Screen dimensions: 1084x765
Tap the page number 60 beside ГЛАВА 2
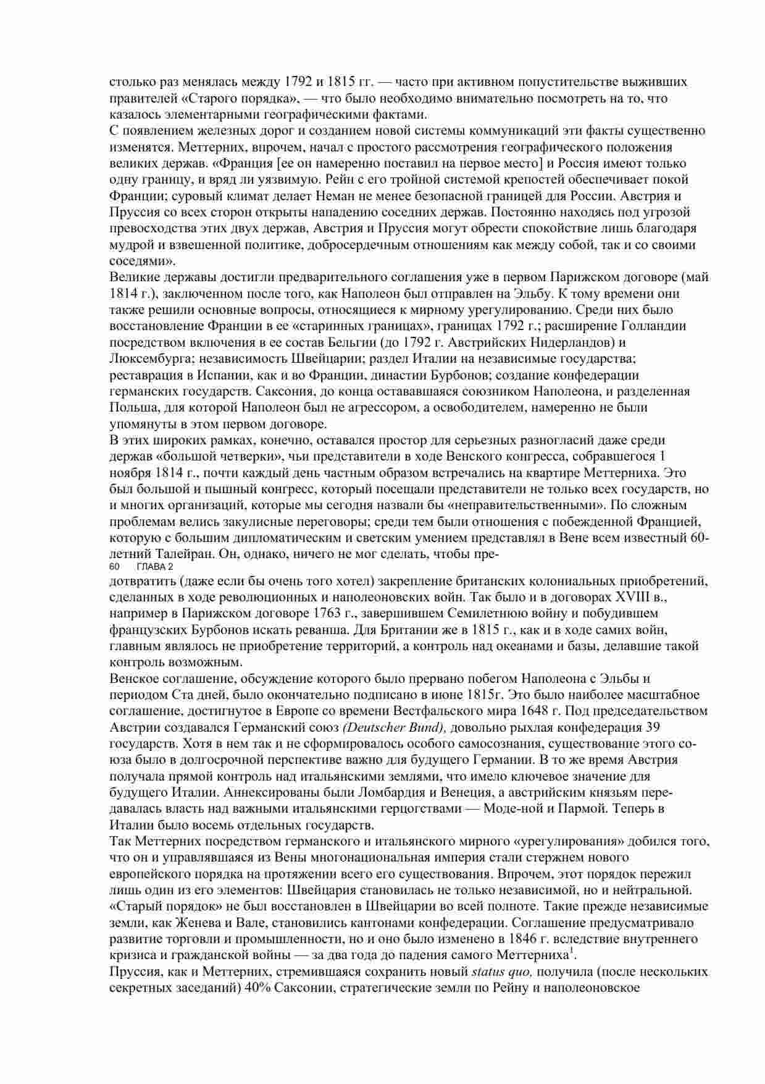coord(114,567)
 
